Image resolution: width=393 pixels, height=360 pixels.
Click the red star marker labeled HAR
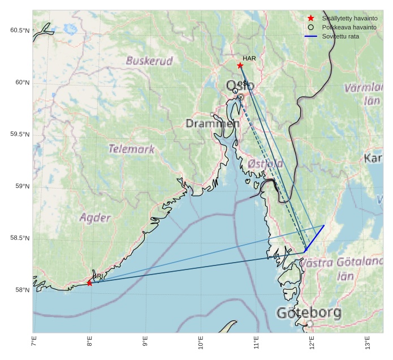240,66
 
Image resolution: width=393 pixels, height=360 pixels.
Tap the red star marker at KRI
89,283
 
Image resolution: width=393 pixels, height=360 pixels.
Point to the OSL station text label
242,84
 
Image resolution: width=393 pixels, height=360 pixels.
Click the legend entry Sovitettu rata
340,36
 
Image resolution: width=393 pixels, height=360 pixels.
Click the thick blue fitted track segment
314,238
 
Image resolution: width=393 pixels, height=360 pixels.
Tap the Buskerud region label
149,61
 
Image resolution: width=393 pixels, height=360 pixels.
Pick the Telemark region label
131,149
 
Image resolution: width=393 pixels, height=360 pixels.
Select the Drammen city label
213,123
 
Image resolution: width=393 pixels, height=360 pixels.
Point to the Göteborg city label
309,312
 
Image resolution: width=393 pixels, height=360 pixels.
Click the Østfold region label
265,164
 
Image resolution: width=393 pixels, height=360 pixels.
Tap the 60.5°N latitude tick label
20,30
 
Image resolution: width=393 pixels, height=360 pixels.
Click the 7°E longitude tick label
34,342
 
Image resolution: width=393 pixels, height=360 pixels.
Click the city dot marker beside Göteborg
310,324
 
